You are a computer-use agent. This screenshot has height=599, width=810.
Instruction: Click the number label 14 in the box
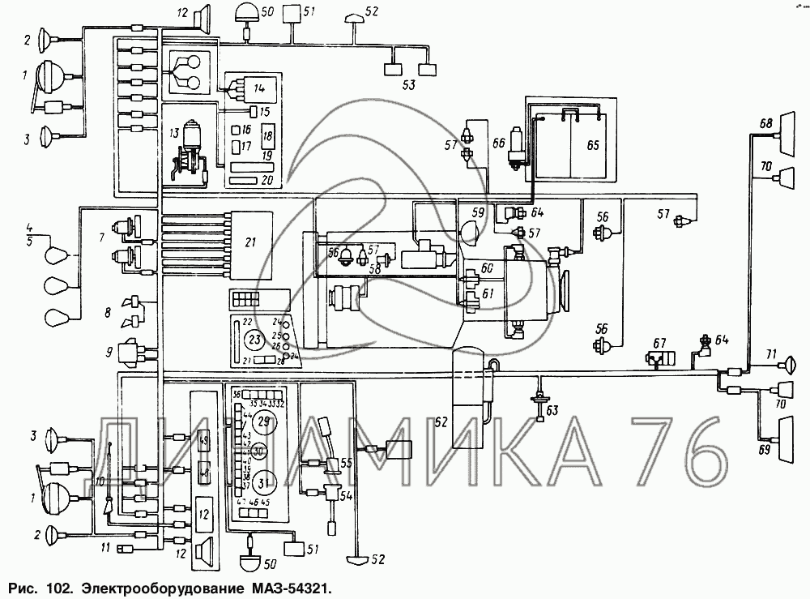click(x=259, y=87)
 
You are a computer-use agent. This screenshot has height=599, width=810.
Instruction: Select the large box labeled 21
click(x=250, y=242)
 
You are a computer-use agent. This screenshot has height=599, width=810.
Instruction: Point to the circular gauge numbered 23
click(x=254, y=339)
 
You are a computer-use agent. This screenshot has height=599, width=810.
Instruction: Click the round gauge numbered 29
click(x=263, y=421)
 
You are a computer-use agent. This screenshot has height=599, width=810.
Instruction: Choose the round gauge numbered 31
click(x=263, y=485)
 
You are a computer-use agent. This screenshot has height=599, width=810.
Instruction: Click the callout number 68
click(x=765, y=124)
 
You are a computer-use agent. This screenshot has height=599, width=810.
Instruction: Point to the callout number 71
click(x=770, y=353)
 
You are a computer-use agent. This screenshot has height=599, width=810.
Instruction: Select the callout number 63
click(x=552, y=412)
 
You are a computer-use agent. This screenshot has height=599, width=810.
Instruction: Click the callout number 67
click(x=659, y=342)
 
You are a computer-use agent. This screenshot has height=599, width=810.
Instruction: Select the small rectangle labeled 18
click(x=267, y=135)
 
